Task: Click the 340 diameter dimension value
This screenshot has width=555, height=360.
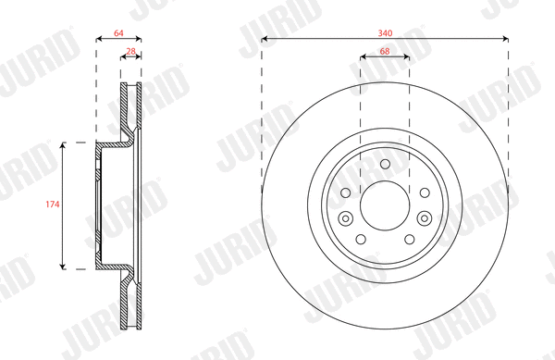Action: coord(385,31)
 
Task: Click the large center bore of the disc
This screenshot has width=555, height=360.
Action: coord(385,205)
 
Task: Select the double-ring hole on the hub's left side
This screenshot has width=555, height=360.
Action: coord(346,218)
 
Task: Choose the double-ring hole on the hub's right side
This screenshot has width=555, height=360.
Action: coord(425,218)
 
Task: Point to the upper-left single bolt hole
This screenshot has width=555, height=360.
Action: coord(346,192)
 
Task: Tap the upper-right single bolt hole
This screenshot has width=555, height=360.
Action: coord(424,192)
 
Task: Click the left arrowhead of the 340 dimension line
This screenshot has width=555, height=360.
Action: coord(265,39)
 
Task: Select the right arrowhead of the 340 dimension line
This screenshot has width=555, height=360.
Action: coord(505,39)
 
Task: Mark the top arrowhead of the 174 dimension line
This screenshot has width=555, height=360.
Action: coord(63,145)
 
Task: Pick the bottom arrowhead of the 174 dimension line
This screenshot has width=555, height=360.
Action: coord(63,266)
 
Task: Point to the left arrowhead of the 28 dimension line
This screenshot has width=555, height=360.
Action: coord(123,56)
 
